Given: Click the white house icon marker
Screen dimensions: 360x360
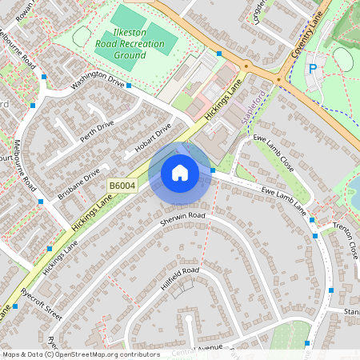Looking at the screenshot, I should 179,172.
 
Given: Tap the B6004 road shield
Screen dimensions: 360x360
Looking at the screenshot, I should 122,186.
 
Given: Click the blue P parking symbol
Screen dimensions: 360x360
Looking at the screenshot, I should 313,70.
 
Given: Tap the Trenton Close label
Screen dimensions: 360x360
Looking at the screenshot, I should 346,239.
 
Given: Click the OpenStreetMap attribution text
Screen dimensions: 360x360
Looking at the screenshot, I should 81,354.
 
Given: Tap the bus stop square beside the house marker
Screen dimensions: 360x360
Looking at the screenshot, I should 214,170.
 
